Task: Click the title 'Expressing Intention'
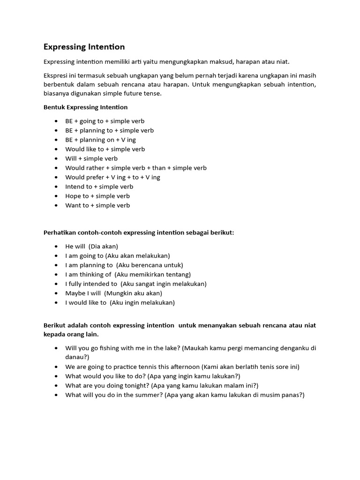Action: tap(84, 47)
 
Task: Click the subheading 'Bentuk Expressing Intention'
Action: tap(85, 107)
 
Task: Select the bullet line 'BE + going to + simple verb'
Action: tap(105, 121)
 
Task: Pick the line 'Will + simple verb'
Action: tap(91, 158)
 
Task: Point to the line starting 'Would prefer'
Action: tap(112, 177)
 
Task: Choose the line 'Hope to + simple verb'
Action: tap(97, 196)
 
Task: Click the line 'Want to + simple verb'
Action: tap(97, 205)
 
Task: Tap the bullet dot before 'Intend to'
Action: tap(56, 187)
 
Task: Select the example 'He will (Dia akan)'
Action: tap(91, 247)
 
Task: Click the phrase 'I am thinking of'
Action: tap(88, 275)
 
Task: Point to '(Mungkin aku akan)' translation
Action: tap(133, 293)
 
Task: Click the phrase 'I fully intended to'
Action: tap(91, 284)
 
